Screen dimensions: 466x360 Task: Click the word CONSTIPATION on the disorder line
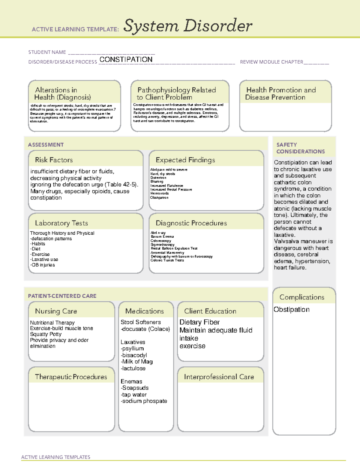click(x=126, y=59)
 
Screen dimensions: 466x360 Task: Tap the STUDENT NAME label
click(x=47, y=52)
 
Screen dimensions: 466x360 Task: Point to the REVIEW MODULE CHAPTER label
click(x=271, y=62)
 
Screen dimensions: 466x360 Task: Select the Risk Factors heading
click(x=54, y=160)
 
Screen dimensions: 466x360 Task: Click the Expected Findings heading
click(x=185, y=160)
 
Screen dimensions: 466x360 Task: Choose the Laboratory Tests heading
click(x=61, y=223)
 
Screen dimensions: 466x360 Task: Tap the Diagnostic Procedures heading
click(x=191, y=223)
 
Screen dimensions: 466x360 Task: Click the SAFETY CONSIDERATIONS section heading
click(x=300, y=148)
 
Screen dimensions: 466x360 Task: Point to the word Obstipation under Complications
click(x=291, y=309)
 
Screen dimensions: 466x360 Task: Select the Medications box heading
click(x=145, y=311)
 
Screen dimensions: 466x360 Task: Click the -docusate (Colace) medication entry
click(x=145, y=329)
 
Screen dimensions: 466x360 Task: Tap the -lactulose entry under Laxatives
click(x=133, y=368)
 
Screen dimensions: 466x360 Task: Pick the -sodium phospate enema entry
click(x=144, y=401)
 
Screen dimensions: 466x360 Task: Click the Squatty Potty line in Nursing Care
click(x=46, y=334)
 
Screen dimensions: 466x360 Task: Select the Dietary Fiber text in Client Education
click(x=199, y=322)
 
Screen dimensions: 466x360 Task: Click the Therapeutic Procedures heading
click(x=71, y=377)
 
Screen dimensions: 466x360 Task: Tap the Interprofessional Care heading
click(x=219, y=377)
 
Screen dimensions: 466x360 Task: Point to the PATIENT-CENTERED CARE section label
click(x=62, y=296)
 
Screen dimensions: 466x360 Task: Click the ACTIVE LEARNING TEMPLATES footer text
click(x=55, y=457)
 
